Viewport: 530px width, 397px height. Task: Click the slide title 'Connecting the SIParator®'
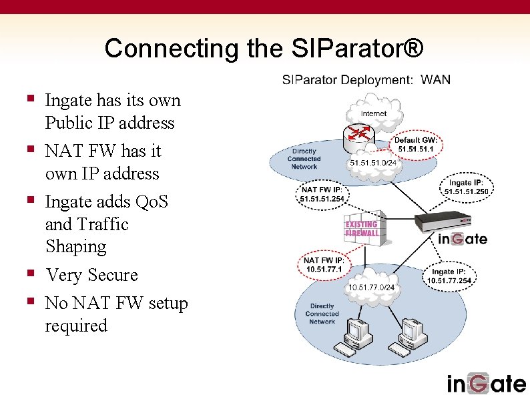[x=264, y=48]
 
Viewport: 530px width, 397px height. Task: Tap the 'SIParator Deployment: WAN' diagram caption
[x=366, y=80]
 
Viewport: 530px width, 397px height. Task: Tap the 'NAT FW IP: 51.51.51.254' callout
[x=322, y=194]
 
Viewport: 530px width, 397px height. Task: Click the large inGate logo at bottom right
[x=486, y=383]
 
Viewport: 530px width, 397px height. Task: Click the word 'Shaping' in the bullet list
[x=75, y=246]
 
